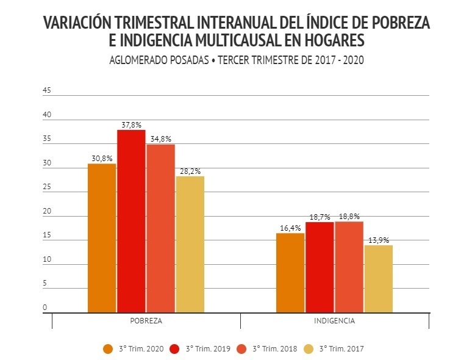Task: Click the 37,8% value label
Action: (131, 124)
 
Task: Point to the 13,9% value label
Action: (379, 240)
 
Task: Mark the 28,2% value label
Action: (190, 171)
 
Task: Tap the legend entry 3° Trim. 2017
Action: (334, 348)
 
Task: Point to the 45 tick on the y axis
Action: (46, 91)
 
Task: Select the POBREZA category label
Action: (146, 320)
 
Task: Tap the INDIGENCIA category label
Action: (334, 320)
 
